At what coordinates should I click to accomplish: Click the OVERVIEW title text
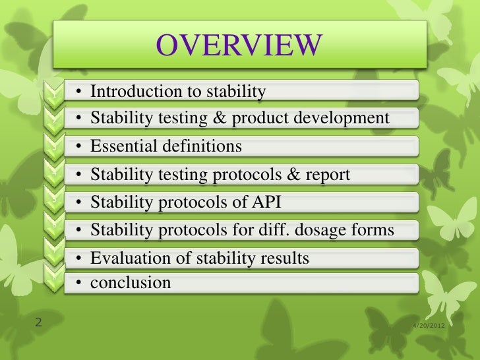pyautogui.click(x=239, y=45)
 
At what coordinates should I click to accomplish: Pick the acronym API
pyautogui.click(x=272, y=202)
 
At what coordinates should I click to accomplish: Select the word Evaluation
pyautogui.click(x=128, y=258)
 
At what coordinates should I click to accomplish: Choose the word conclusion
pyautogui.click(x=131, y=283)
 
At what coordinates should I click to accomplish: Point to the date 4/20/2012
pyautogui.click(x=427, y=325)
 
